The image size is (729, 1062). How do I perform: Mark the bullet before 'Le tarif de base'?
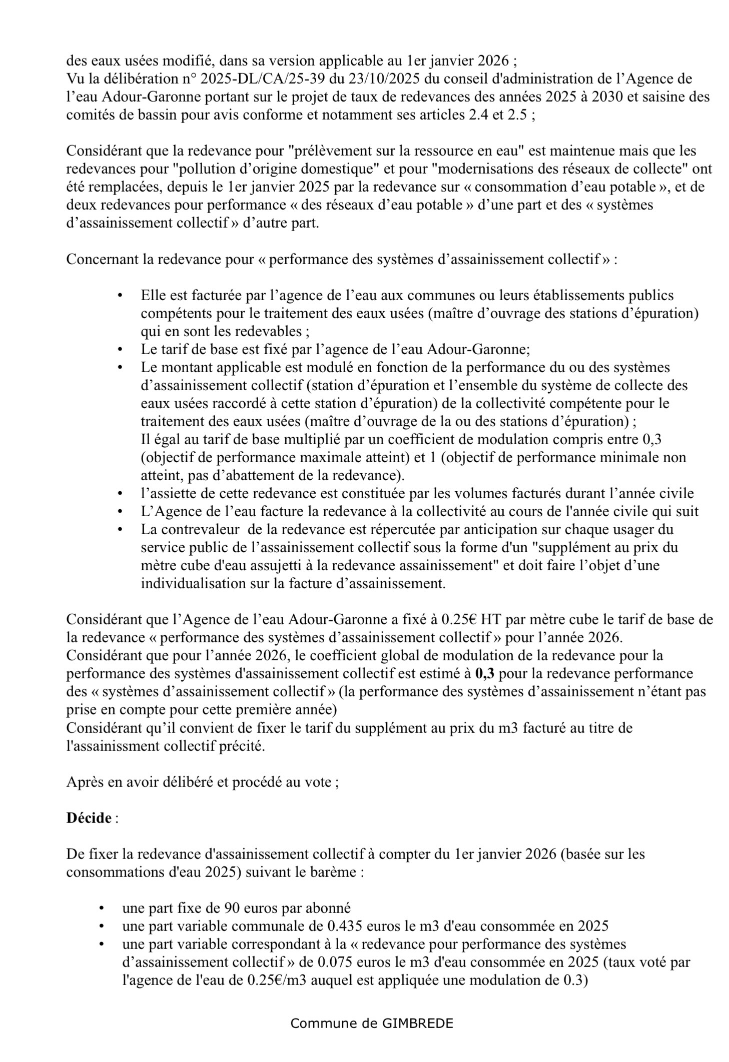pos(120,349)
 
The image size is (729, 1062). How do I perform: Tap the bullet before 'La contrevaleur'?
pos(120,529)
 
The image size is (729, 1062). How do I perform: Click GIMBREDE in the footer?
pos(417,1023)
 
